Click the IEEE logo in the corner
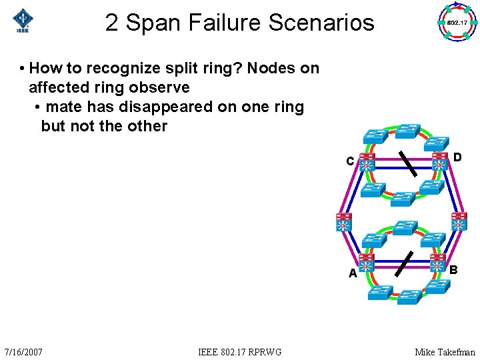(x=23, y=21)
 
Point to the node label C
(x=350, y=161)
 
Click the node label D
(x=457, y=157)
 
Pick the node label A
(x=353, y=273)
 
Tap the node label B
(x=453, y=270)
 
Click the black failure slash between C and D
(x=407, y=163)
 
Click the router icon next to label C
(x=367, y=161)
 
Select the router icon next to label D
(x=439, y=161)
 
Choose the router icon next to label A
(x=367, y=261)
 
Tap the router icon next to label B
(x=438, y=262)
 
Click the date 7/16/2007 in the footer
(x=23, y=351)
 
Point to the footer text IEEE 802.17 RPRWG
(x=240, y=351)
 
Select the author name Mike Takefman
(x=445, y=351)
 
